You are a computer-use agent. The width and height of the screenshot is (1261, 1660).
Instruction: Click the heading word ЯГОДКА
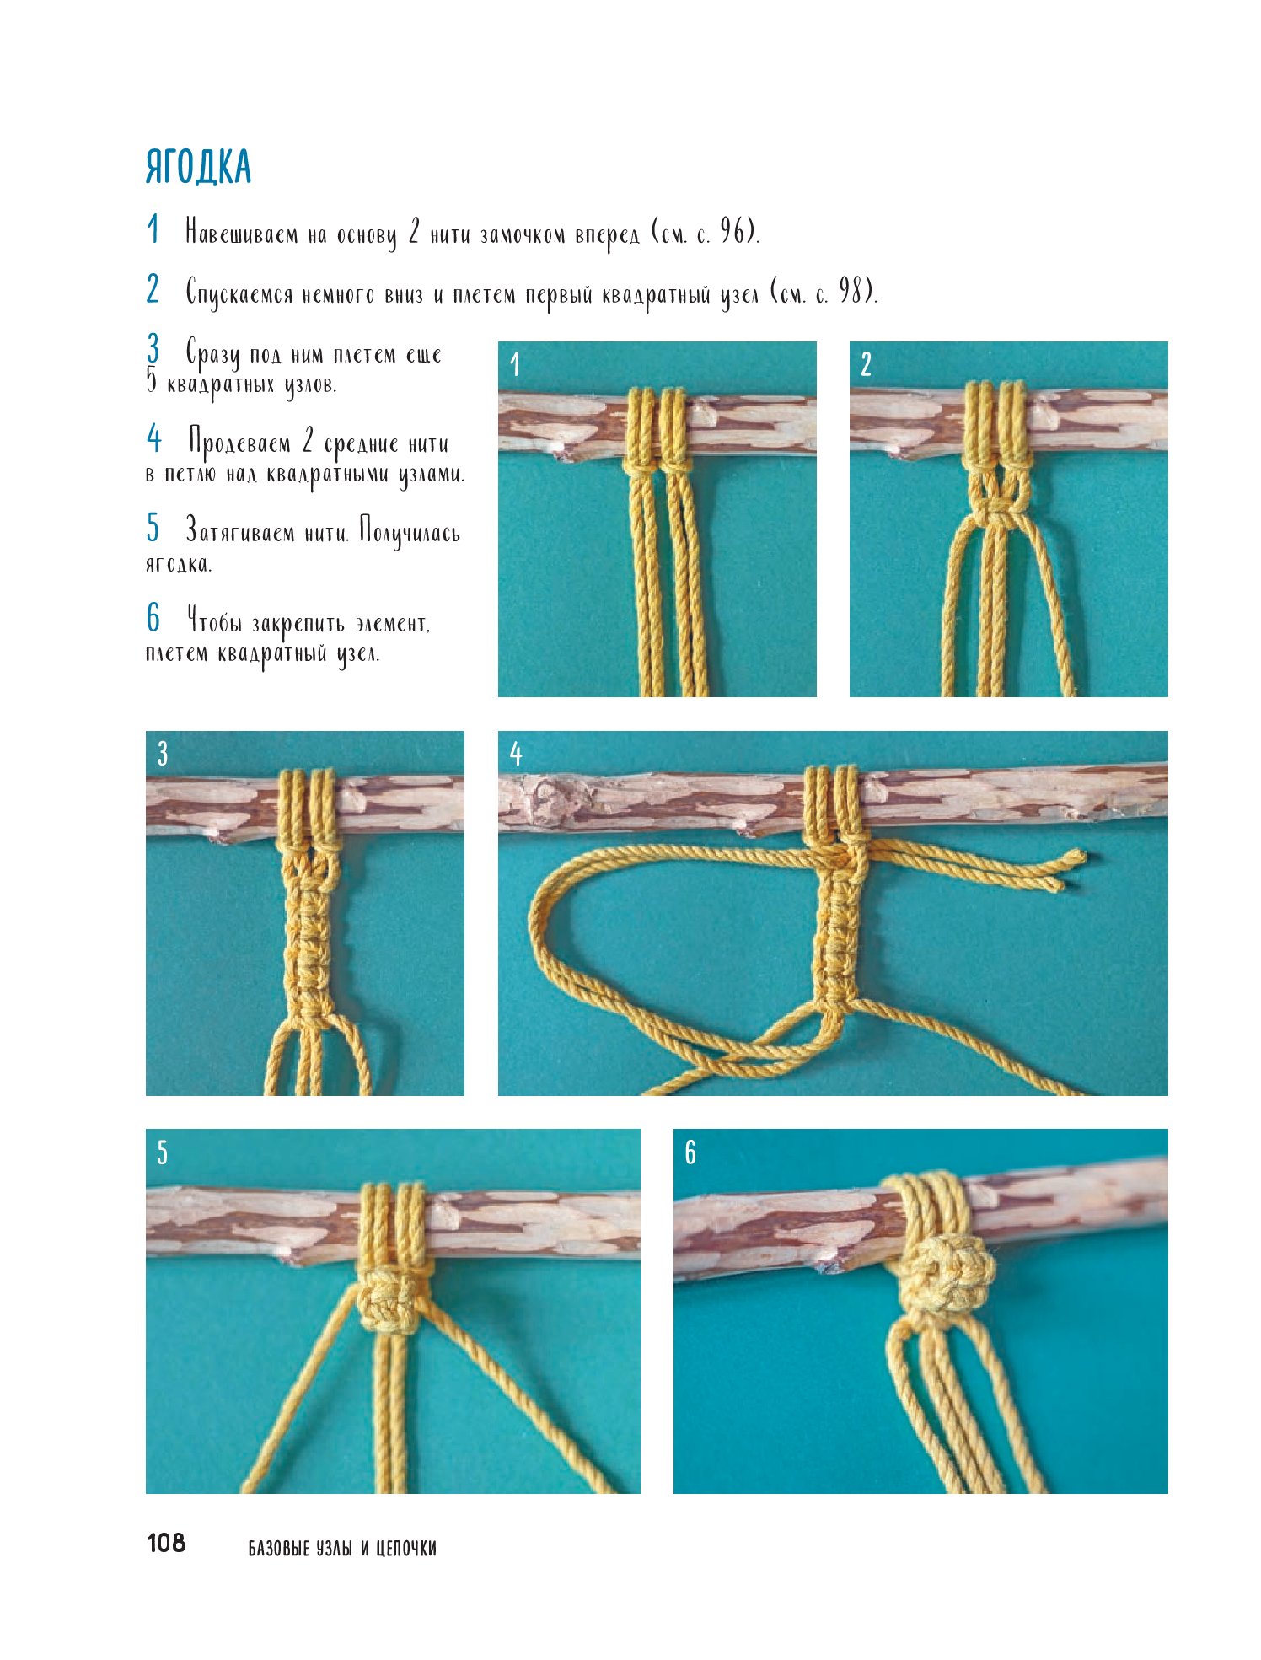pyautogui.click(x=199, y=167)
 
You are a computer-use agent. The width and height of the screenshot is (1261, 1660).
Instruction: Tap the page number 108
pyautogui.click(x=166, y=1543)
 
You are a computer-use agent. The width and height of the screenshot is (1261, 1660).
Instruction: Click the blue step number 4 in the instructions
pyautogui.click(x=153, y=438)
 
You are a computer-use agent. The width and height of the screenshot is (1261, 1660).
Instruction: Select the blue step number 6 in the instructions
pyautogui.click(x=153, y=617)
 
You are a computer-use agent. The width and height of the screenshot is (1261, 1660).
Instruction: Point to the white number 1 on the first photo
pyautogui.click(x=515, y=364)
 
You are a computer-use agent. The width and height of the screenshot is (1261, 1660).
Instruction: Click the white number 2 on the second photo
pyautogui.click(x=866, y=364)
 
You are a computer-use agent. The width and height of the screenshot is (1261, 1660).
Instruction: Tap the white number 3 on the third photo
pyautogui.click(x=163, y=754)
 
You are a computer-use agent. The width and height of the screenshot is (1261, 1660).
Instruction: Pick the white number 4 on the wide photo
pyautogui.click(x=516, y=754)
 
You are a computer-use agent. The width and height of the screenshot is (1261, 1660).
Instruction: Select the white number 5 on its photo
pyautogui.click(x=163, y=1152)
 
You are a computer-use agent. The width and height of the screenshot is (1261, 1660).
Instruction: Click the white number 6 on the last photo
pyautogui.click(x=690, y=1152)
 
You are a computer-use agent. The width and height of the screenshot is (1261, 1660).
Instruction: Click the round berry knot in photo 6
pyautogui.click(x=947, y=1273)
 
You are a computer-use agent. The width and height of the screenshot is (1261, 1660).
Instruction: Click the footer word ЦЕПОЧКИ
pyautogui.click(x=405, y=1548)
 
